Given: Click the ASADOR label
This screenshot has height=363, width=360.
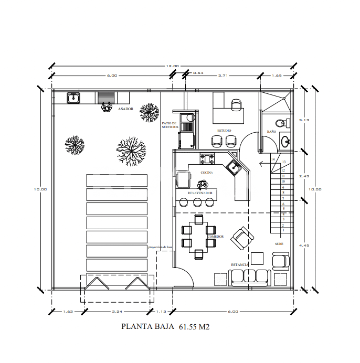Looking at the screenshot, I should [125, 109].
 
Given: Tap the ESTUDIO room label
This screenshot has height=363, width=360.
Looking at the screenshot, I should [224, 130].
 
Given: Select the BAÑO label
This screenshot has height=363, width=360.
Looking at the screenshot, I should [271, 132].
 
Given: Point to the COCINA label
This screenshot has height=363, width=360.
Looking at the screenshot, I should [207, 172].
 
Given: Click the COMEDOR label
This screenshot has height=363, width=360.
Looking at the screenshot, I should [215, 237].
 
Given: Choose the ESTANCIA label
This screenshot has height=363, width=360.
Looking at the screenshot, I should [239, 265].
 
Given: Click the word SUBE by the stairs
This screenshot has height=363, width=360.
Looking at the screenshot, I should [279, 244].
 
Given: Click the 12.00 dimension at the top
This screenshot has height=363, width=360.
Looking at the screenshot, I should [173, 66].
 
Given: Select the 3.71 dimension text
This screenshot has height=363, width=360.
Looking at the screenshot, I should [223, 76].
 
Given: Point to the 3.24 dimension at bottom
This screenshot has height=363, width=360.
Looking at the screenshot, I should [118, 312].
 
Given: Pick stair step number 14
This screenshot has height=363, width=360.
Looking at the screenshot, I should [273, 159].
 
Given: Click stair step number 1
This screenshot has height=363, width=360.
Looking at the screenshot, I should [283, 230].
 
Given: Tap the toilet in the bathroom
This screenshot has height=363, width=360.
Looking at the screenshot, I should [282, 123].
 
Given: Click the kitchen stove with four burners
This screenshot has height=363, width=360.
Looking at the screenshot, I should [207, 157].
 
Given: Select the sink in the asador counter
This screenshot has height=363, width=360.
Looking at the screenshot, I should [73, 97].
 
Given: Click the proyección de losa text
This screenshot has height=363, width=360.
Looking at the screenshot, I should [160, 247].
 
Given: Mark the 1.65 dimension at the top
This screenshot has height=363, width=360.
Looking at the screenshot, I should [277, 76].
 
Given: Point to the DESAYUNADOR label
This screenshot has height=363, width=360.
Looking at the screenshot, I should [200, 193].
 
